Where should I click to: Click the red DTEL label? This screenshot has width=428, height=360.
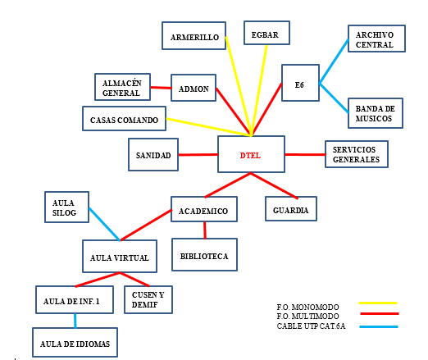click(x=250, y=156)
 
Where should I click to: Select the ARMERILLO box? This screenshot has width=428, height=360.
click(x=194, y=36)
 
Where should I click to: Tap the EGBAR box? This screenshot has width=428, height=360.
click(x=266, y=33)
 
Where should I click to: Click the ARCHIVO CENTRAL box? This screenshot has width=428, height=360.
click(x=376, y=39)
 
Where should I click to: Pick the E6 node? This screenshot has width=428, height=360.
click(x=300, y=83)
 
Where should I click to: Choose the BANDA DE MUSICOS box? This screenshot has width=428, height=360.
click(x=376, y=113)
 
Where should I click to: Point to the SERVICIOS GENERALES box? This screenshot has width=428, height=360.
click(x=357, y=154)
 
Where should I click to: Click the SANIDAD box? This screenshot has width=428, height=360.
click(x=153, y=155)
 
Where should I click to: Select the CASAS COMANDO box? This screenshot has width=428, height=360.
click(x=124, y=119)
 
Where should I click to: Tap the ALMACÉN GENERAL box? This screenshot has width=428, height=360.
click(x=122, y=87)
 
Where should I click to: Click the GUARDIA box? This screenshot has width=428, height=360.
click(x=291, y=208)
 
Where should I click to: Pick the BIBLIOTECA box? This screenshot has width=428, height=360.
click(x=204, y=255)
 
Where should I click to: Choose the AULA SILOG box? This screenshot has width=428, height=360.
click(x=66, y=207)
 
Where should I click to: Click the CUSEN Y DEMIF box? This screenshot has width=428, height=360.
click(x=148, y=299)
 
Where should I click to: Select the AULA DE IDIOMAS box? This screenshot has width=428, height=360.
click(x=75, y=343)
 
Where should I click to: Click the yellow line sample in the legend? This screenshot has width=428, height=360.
click(x=378, y=303)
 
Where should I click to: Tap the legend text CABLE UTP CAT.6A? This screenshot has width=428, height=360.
click(x=311, y=326)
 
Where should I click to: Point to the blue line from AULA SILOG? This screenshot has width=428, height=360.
click(x=104, y=224)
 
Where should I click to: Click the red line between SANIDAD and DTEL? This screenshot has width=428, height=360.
click(x=198, y=155)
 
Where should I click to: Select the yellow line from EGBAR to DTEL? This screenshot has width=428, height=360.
click(x=259, y=90)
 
